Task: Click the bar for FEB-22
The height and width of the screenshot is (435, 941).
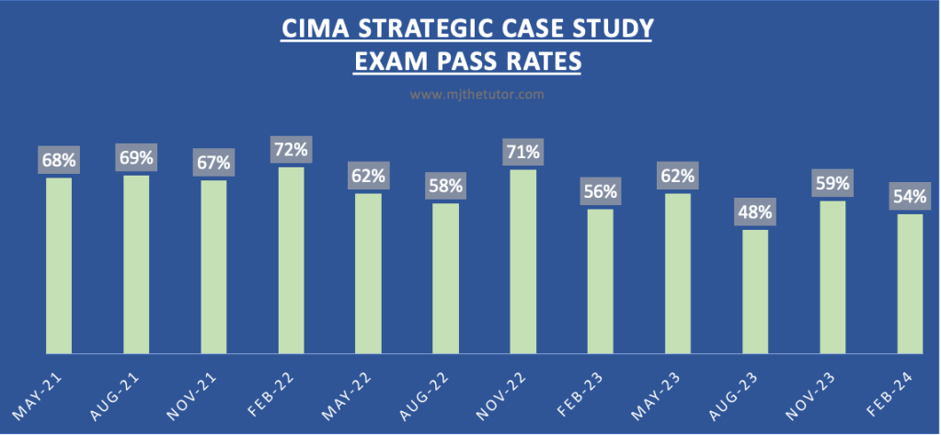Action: coord(291,260)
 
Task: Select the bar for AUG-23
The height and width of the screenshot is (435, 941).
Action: coord(754,292)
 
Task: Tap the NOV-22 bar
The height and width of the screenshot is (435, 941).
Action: coord(522,261)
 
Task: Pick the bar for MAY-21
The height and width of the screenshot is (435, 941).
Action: coord(59,265)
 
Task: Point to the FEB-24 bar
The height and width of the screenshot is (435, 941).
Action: coord(909,283)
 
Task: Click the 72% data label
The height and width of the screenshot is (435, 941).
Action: coord(291,148)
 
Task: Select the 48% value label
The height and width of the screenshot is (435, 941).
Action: coord(754,212)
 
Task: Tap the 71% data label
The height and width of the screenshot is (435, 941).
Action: coord(522,151)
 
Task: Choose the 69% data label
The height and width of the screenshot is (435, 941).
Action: coord(136,156)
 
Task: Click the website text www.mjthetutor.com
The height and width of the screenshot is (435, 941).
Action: coord(470,94)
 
